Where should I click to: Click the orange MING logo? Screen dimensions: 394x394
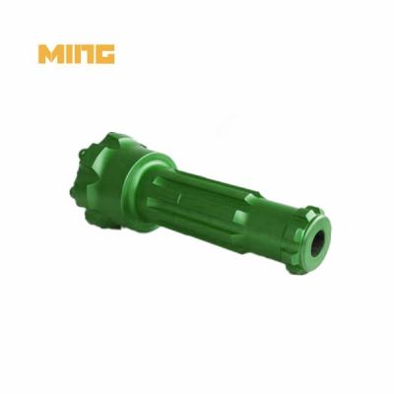[77, 53]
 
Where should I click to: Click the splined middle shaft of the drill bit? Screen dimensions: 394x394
[217, 202]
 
